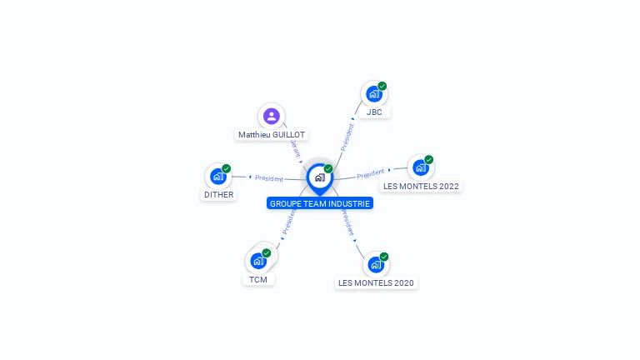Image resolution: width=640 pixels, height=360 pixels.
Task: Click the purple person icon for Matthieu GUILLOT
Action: (x=271, y=117)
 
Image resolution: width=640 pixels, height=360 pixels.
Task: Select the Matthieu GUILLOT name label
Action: (x=272, y=134)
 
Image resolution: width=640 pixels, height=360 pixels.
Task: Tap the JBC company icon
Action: (x=373, y=94)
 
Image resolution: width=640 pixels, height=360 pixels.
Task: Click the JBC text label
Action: (x=374, y=112)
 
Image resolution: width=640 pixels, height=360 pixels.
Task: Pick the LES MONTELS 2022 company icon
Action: (x=420, y=167)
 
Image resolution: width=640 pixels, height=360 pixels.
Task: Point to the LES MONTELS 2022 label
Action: (x=421, y=186)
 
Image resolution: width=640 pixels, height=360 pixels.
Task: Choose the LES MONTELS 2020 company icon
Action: (x=376, y=265)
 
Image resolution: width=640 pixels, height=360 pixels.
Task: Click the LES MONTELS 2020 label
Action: (x=376, y=283)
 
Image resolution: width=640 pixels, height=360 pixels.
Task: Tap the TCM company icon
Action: (x=258, y=261)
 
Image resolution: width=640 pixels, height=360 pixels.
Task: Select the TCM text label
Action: (x=258, y=279)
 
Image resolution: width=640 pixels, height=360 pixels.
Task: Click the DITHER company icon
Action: (x=218, y=177)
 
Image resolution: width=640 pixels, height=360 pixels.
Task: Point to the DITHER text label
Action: (x=219, y=195)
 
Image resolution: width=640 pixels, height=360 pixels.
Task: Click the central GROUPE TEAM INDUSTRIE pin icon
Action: (x=319, y=177)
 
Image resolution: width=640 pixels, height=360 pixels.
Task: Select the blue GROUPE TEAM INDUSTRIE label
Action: (x=320, y=203)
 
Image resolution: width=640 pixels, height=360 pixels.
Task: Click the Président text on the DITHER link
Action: (x=269, y=177)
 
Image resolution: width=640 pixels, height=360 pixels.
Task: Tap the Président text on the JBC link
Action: (x=347, y=137)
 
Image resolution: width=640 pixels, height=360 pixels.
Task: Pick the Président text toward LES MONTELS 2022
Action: (x=371, y=174)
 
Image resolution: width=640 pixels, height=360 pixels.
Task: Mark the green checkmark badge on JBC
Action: (x=382, y=86)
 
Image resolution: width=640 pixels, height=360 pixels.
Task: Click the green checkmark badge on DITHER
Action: (x=227, y=168)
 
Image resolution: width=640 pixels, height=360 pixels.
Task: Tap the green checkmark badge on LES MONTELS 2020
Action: (x=384, y=257)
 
